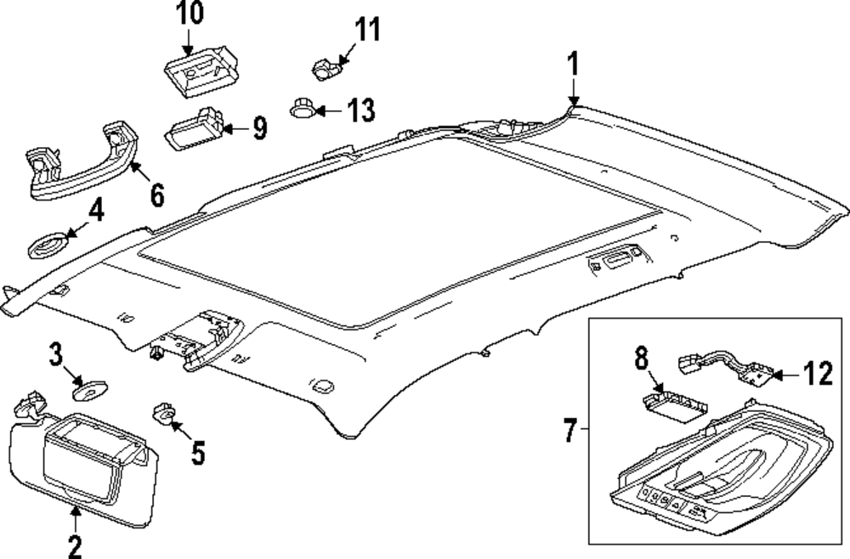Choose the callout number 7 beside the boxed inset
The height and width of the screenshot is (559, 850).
570,430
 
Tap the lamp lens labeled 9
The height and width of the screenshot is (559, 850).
194,129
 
